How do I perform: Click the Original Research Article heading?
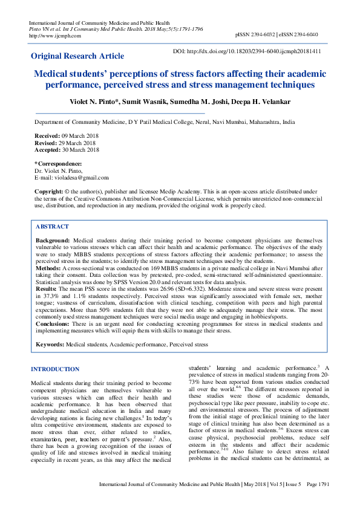click(x=77, y=56)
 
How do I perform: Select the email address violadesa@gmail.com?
click(x=80, y=178)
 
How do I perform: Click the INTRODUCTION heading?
click(x=54, y=369)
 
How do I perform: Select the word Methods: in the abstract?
click(x=49, y=267)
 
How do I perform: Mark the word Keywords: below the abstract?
click(x=50, y=344)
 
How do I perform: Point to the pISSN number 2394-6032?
click(x=260, y=35)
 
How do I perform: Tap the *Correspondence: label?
click(x=58, y=164)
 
